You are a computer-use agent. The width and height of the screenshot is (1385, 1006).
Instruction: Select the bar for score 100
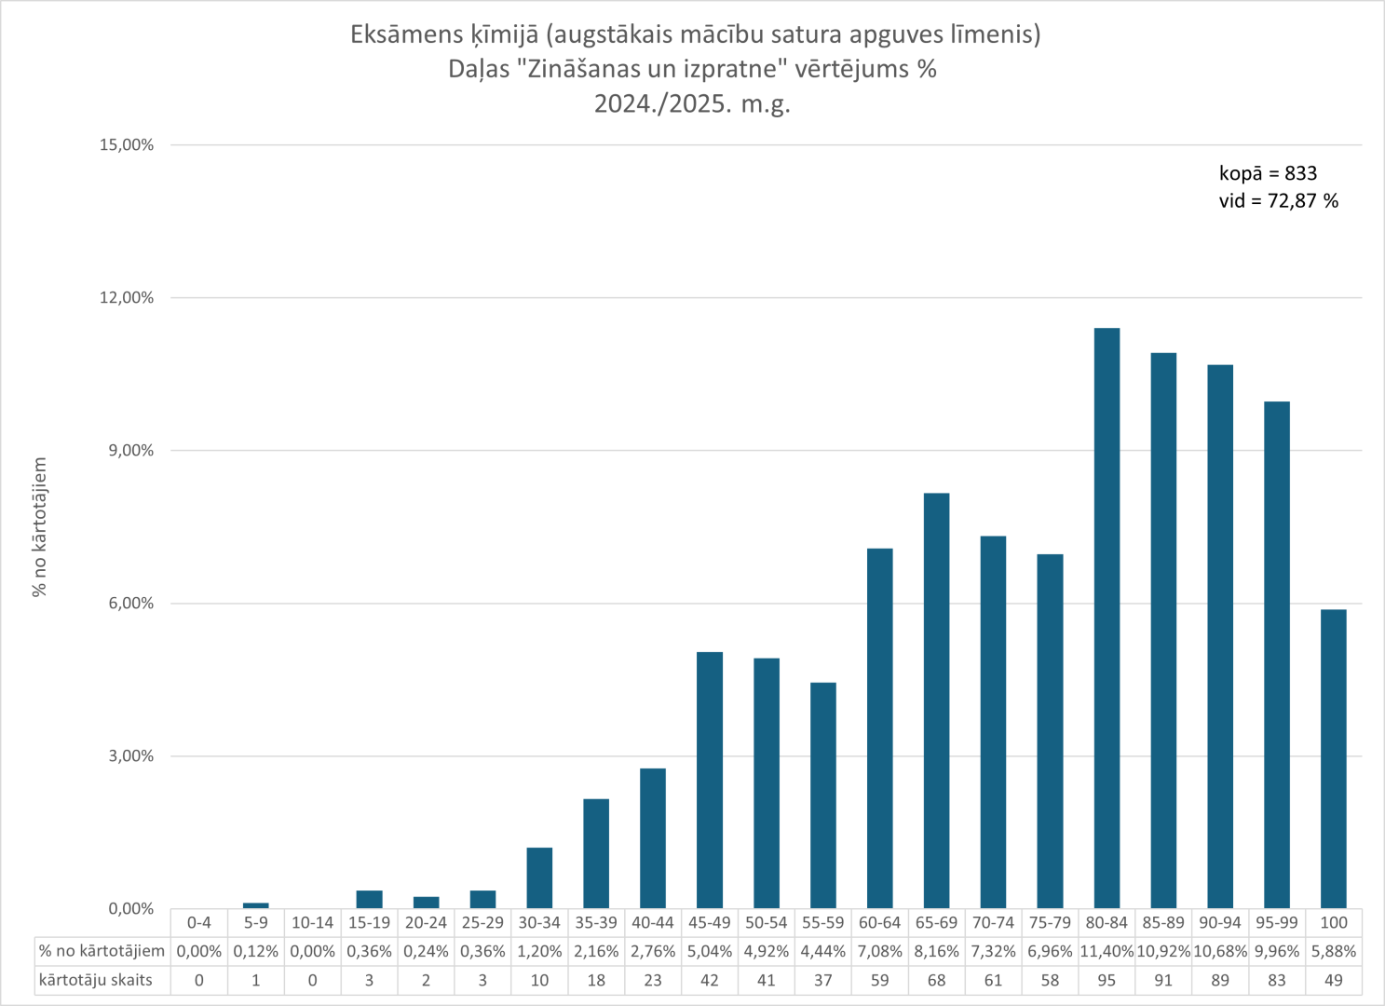click(x=1333, y=758)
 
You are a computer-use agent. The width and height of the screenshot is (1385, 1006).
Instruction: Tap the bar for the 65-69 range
click(x=936, y=700)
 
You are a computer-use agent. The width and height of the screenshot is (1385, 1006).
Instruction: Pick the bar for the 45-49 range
click(x=710, y=780)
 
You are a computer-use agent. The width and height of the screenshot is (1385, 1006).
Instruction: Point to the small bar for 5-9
click(x=255, y=905)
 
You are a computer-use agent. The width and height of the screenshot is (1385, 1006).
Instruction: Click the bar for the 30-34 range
click(x=539, y=877)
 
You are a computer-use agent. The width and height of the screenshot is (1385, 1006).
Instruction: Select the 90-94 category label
click(x=1219, y=922)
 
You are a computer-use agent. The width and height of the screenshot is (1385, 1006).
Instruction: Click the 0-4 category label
click(x=199, y=922)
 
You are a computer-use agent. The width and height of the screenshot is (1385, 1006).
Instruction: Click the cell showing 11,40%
click(x=1107, y=951)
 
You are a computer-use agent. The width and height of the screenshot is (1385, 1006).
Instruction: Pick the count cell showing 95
click(x=1107, y=980)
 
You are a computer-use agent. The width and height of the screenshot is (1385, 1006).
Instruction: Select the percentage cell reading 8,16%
click(x=936, y=951)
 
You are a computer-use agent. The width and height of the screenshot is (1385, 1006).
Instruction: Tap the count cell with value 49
click(x=1333, y=980)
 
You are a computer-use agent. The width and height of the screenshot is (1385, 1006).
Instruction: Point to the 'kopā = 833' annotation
click(x=1268, y=173)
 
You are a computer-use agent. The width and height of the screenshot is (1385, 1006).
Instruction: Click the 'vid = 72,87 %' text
click(x=1278, y=201)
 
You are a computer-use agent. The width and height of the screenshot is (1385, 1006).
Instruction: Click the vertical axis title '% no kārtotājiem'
click(x=39, y=526)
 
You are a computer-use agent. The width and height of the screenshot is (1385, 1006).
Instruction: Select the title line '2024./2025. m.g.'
click(x=692, y=103)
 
